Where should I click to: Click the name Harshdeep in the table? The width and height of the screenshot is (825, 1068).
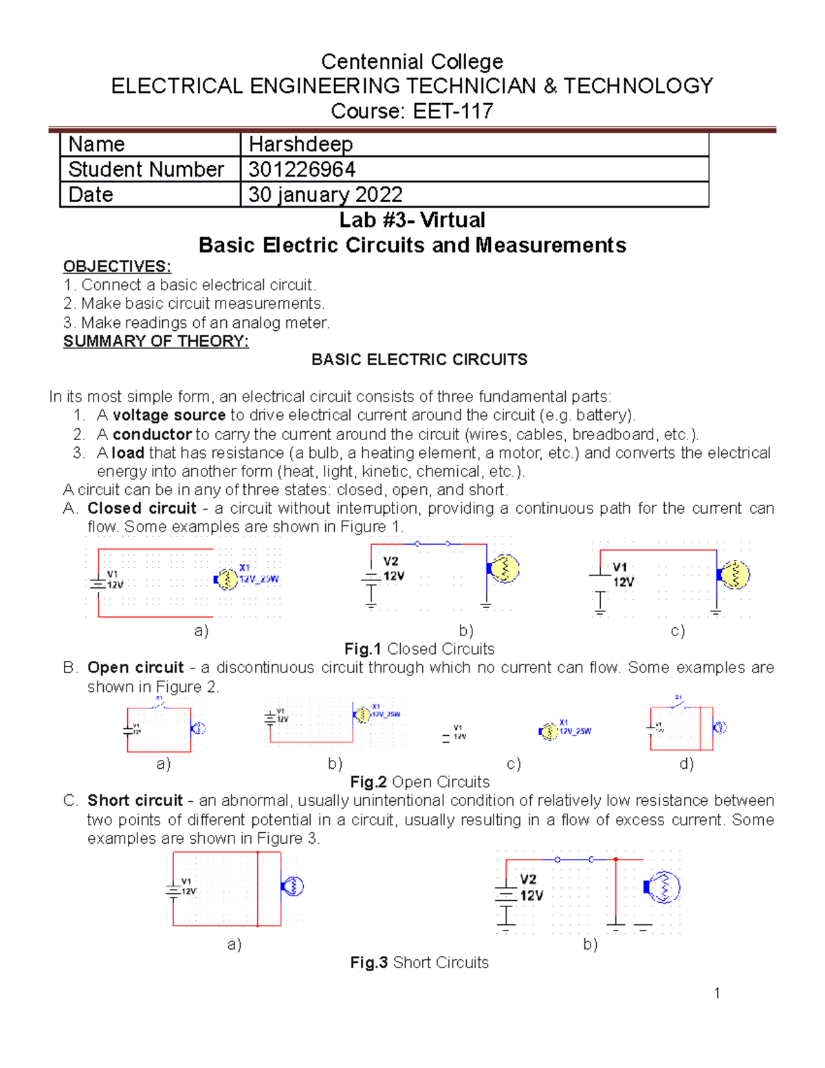[x=300, y=144]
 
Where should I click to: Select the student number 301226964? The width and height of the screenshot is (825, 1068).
[x=302, y=169]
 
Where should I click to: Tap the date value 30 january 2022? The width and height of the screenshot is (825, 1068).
[x=325, y=195]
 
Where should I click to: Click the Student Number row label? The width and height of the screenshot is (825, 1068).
[x=146, y=169]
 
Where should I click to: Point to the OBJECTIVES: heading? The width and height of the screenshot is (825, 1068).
[x=117, y=267]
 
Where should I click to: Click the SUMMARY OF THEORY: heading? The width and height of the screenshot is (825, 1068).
[x=156, y=341]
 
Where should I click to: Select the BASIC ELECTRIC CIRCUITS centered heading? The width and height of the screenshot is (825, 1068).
[x=419, y=360]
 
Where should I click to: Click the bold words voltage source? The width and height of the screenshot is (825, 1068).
[x=169, y=415]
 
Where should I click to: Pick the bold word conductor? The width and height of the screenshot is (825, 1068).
[x=152, y=435]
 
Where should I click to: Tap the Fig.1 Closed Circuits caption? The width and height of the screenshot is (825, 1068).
[x=419, y=649]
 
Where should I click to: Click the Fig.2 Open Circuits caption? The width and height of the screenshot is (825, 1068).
[x=419, y=782]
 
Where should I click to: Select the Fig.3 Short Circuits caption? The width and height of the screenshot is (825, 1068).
[x=419, y=963]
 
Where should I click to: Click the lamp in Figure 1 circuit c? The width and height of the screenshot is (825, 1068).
[x=735, y=575]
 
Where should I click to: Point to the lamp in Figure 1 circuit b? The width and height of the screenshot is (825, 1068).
[x=505, y=569]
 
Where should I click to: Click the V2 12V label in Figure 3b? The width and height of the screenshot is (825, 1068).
[x=531, y=887]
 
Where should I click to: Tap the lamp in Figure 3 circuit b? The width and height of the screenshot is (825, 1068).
[x=663, y=887]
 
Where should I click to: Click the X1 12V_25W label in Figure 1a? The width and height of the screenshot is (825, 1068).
[x=258, y=574]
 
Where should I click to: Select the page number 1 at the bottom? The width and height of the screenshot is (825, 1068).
[x=717, y=992]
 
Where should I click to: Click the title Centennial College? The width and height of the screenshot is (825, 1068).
[x=412, y=62]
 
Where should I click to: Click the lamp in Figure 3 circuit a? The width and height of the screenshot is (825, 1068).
[x=293, y=886]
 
